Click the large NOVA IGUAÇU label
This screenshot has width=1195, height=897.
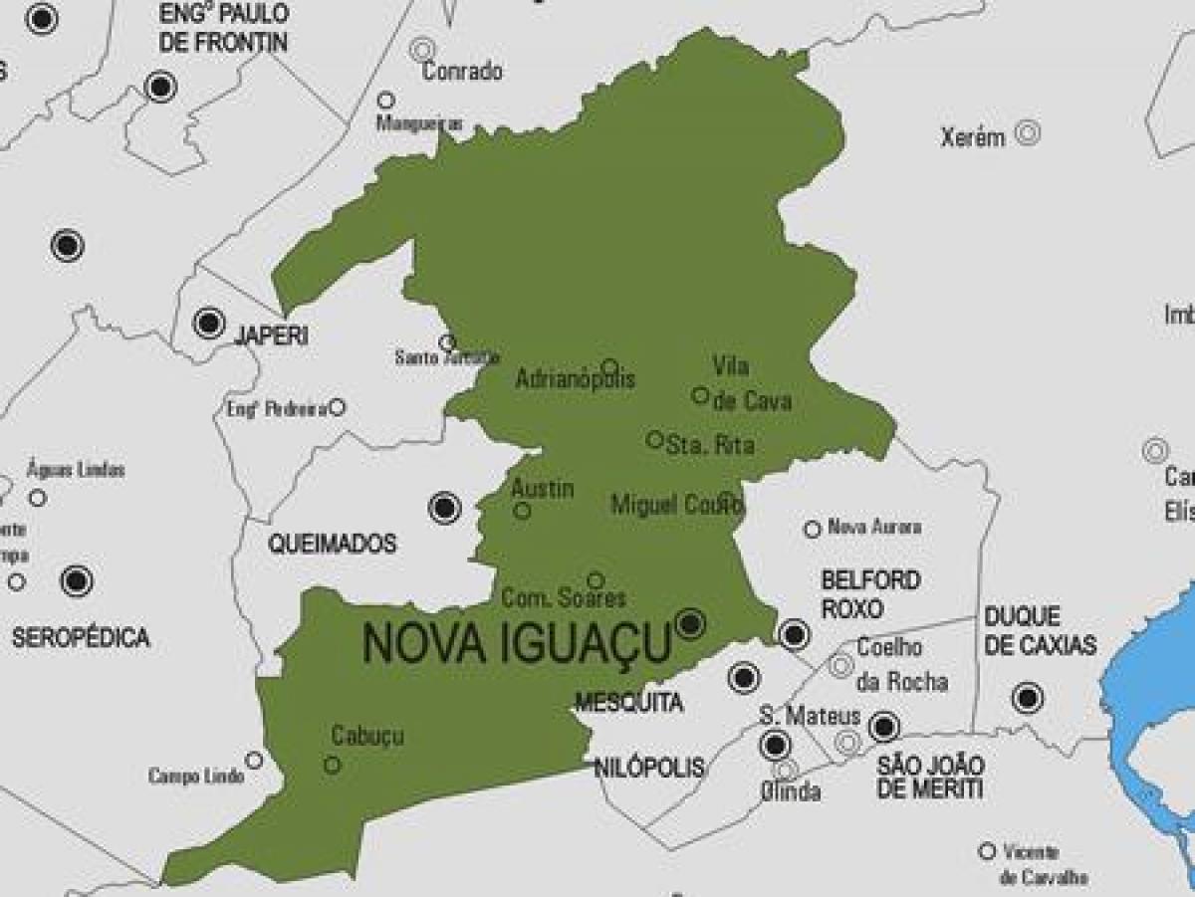[x=517, y=643]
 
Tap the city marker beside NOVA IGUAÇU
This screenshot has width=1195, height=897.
[x=689, y=624]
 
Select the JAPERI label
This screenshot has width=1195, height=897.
[x=270, y=336]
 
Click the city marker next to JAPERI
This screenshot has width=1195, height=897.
[x=209, y=323]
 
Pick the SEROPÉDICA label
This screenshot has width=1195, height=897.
[x=81, y=638]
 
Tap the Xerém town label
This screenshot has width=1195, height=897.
[x=973, y=138]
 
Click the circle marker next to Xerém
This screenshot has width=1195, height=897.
[x=1028, y=131]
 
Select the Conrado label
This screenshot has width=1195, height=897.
[x=462, y=72]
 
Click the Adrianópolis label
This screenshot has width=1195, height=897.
[x=575, y=379]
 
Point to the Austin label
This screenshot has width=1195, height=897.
[x=542, y=489]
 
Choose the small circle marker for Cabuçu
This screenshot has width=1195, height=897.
[x=333, y=765]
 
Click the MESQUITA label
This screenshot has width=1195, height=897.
[x=628, y=703]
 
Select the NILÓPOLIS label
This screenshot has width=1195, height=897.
[x=648, y=768]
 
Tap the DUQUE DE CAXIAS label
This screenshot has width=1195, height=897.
[x=1040, y=631]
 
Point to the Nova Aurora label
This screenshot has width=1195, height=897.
[x=874, y=527]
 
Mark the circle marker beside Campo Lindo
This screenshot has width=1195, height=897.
[x=254, y=761]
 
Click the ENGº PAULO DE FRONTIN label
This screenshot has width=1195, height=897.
[x=223, y=28]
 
